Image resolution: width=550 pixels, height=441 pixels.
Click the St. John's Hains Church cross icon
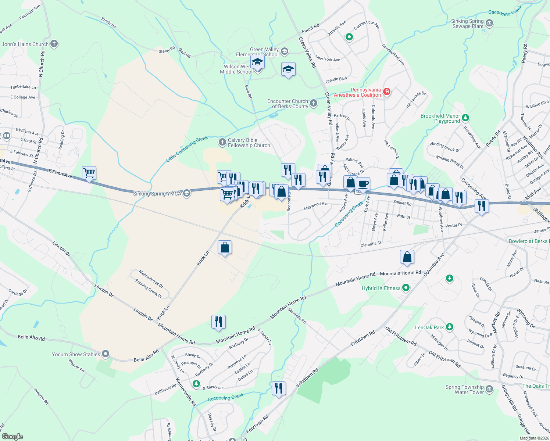tap(54, 44)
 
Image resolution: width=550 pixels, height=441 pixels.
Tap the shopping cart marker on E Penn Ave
tap(89, 173)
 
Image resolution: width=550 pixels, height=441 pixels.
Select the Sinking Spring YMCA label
tap(157, 194)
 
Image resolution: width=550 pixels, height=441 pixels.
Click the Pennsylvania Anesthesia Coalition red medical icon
tap(386, 92)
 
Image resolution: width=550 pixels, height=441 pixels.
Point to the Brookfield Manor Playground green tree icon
tap(465, 118)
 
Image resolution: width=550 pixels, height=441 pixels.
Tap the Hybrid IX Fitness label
tap(381, 288)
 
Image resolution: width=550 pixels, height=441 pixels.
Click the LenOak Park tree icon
tap(449, 327)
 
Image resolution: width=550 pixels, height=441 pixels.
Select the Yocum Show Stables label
tap(76, 354)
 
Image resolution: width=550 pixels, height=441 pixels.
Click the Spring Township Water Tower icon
tap(489, 389)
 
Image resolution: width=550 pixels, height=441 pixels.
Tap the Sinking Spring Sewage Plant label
tap(468, 24)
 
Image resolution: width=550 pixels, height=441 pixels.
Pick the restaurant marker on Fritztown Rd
tap(279, 388)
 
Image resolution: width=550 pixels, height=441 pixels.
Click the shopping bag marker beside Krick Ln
tap(225, 248)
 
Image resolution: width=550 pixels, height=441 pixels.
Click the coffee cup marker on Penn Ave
tap(363, 184)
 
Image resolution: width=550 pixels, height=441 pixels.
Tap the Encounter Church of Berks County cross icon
tap(313, 103)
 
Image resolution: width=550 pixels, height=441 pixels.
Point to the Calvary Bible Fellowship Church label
tap(249, 143)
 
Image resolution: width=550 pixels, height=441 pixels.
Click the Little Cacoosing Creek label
tap(187, 149)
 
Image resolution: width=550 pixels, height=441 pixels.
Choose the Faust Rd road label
tap(310, 28)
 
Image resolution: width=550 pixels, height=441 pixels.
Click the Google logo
tap(12, 437)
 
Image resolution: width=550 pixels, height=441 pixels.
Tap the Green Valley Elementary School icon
tap(284, 51)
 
